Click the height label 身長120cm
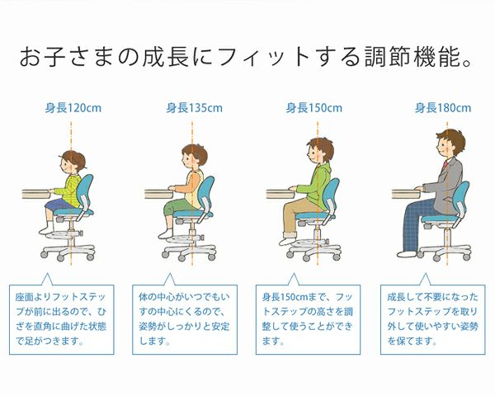coord(72,107)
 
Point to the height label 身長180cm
coord(443,107)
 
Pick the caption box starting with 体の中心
coord(184,317)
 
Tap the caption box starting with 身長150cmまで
coord(308,317)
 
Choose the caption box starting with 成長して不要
coord(431,317)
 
